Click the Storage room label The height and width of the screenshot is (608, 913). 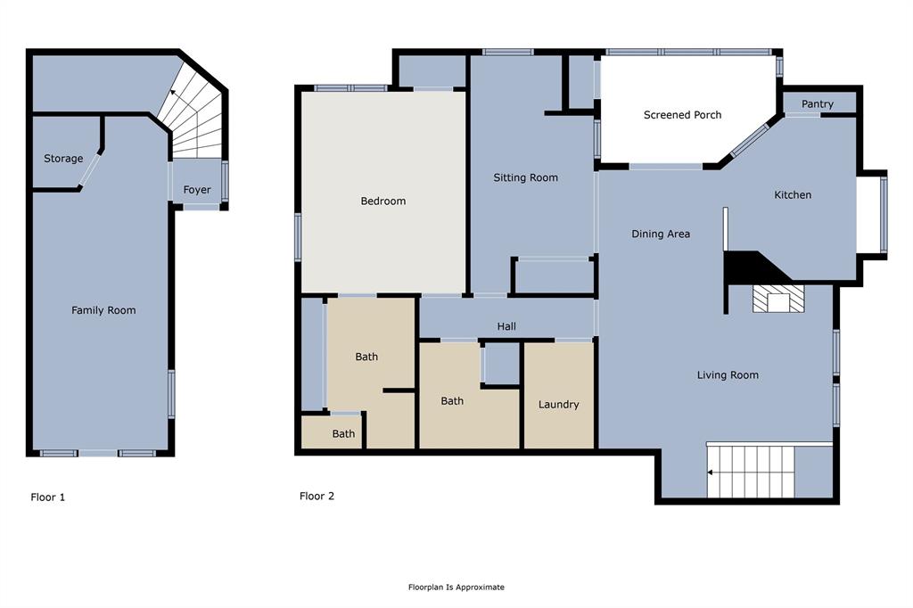pyautogui.click(x=63, y=159)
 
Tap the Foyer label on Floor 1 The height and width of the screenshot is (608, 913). pyautogui.click(x=197, y=190)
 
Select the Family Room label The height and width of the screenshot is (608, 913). pyautogui.click(x=103, y=310)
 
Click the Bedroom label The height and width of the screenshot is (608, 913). pyautogui.click(x=382, y=201)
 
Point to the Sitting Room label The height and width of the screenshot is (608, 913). pyautogui.click(x=525, y=177)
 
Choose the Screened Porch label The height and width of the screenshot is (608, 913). pyautogui.click(x=682, y=115)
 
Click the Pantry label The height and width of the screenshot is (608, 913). pyautogui.click(x=817, y=104)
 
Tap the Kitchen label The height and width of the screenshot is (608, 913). pyautogui.click(x=792, y=195)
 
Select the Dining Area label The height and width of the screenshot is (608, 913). pyautogui.click(x=661, y=234)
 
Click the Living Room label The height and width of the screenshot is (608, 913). pyautogui.click(x=728, y=375)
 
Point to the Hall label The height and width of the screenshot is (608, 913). pyautogui.click(x=506, y=327)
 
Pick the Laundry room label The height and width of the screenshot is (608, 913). pyautogui.click(x=559, y=405)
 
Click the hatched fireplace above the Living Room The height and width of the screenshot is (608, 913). pyautogui.click(x=778, y=300)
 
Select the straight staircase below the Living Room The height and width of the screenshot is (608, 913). pyautogui.click(x=750, y=472)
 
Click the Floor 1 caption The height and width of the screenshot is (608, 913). pyautogui.click(x=47, y=497)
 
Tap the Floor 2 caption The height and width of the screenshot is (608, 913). pyautogui.click(x=317, y=497)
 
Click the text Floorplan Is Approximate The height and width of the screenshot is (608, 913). pyautogui.click(x=456, y=587)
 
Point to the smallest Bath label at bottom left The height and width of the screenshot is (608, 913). pyautogui.click(x=343, y=434)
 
